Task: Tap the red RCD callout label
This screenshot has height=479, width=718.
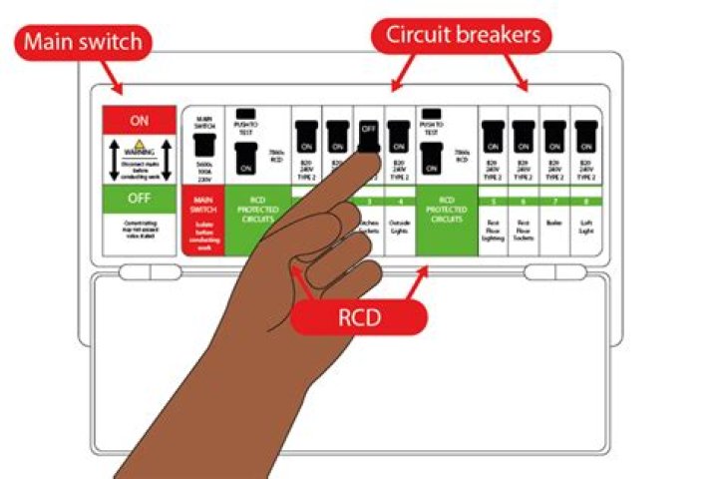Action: pyautogui.click(x=358, y=318)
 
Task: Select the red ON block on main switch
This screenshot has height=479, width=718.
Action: pyautogui.click(x=140, y=119)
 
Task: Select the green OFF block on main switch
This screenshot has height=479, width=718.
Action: pyautogui.click(x=140, y=198)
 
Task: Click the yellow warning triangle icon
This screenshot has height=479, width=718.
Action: pyautogui.click(x=140, y=151)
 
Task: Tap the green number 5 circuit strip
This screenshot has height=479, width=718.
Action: pyautogui.click(x=494, y=203)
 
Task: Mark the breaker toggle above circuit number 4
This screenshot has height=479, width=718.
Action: pyautogui.click(x=399, y=136)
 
